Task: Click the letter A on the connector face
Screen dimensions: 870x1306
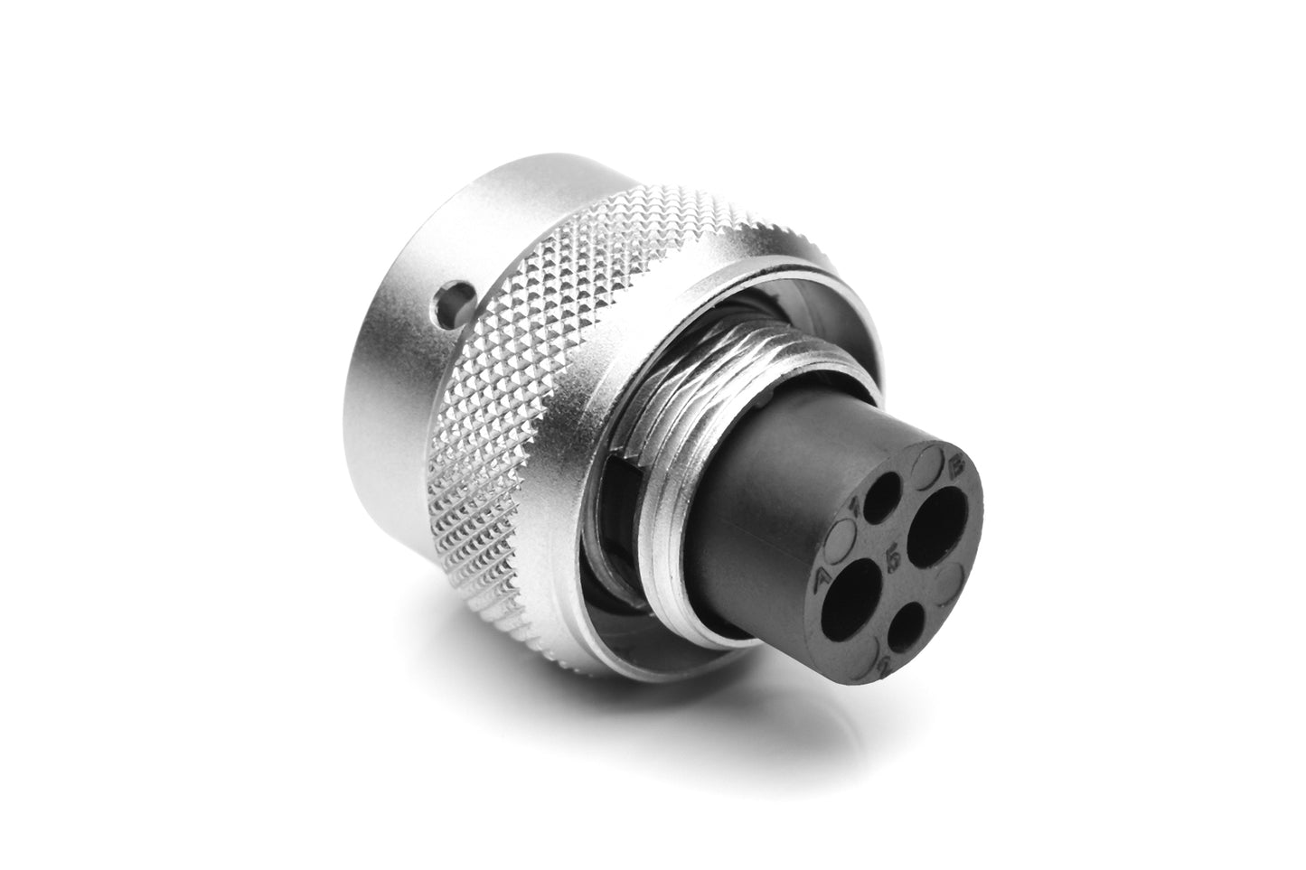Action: tap(822, 578)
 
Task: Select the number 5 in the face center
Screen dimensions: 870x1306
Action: tap(893, 559)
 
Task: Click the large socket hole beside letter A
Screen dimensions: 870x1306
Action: tap(854, 590)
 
